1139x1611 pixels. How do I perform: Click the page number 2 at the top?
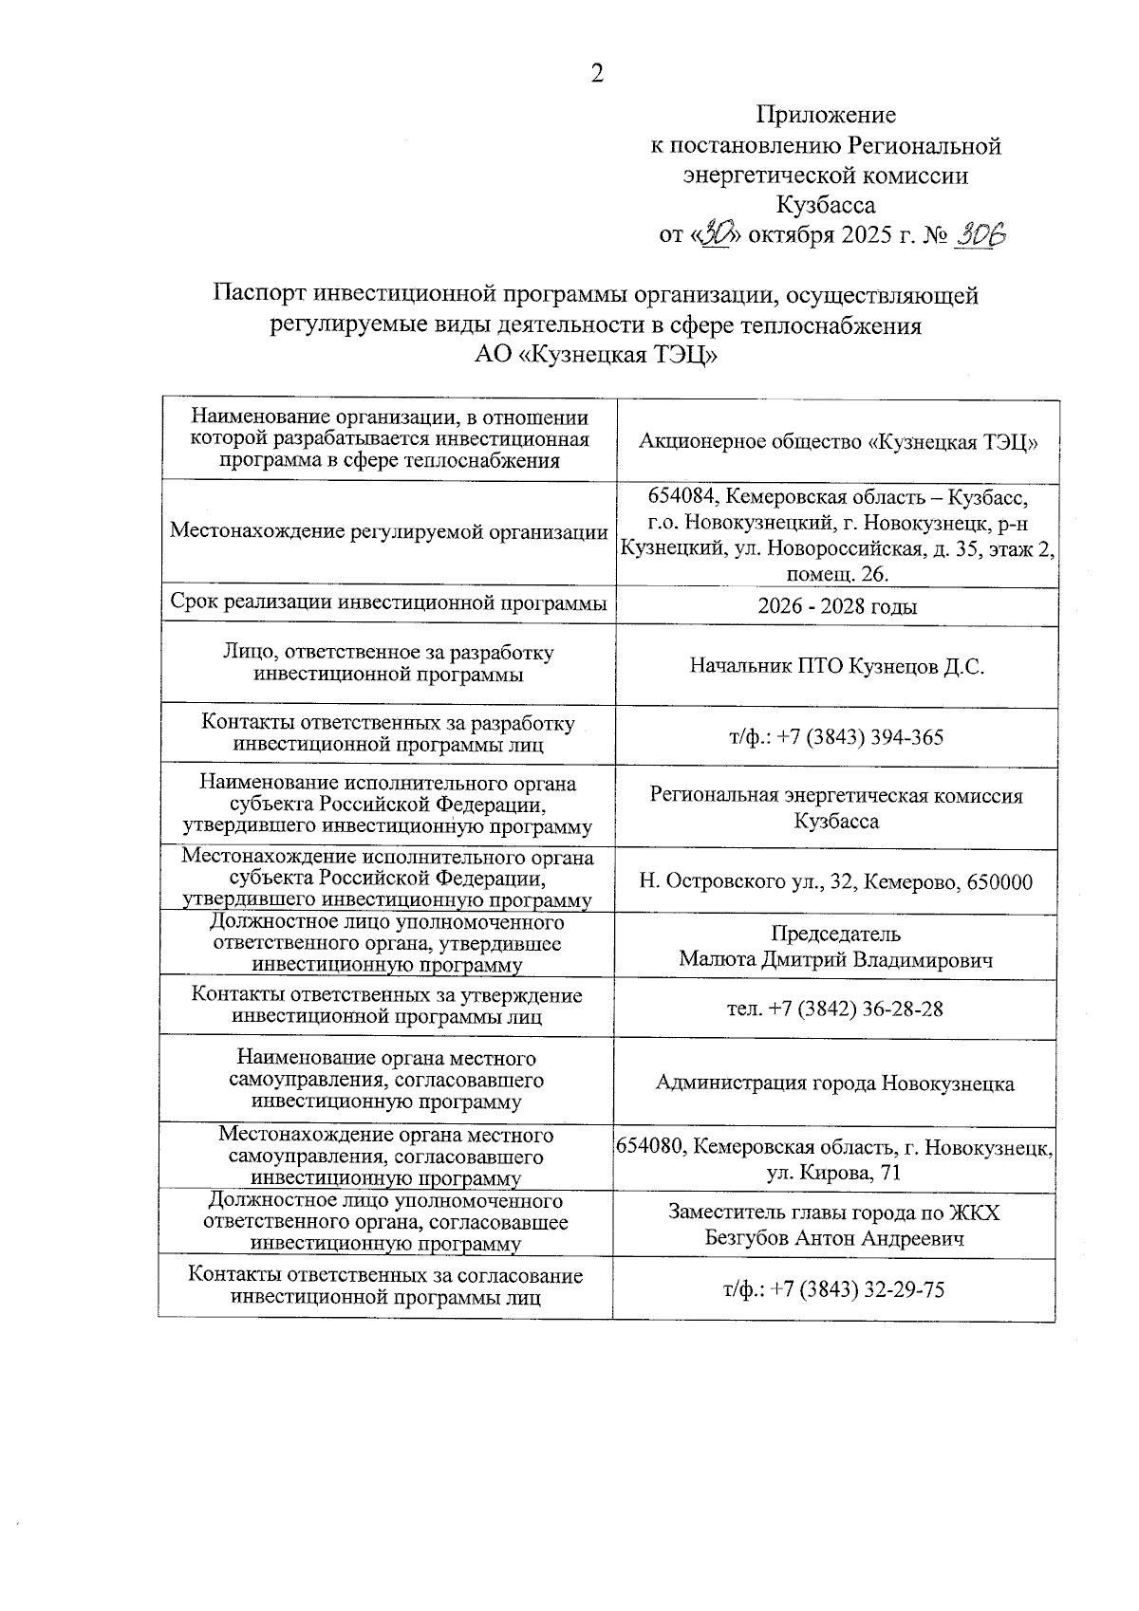[597, 74]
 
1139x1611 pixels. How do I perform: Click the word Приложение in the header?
[826, 116]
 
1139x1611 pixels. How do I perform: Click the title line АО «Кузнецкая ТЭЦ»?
[595, 356]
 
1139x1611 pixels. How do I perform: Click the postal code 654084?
[680, 497]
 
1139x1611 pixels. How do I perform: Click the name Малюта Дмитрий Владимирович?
[836, 960]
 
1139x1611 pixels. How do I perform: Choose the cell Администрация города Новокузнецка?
[835, 1083]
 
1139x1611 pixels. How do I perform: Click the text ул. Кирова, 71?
[834, 1173]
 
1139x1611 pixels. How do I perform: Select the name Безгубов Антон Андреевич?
[835, 1238]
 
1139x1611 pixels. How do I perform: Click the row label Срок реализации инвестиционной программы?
[388, 603]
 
